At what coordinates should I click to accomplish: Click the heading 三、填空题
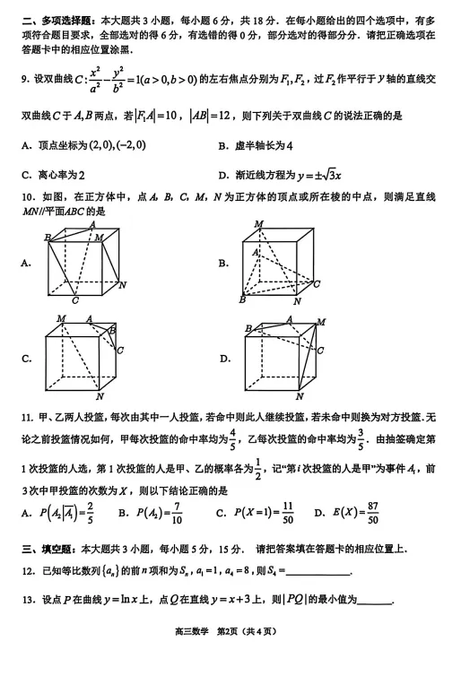click(x=48, y=549)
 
